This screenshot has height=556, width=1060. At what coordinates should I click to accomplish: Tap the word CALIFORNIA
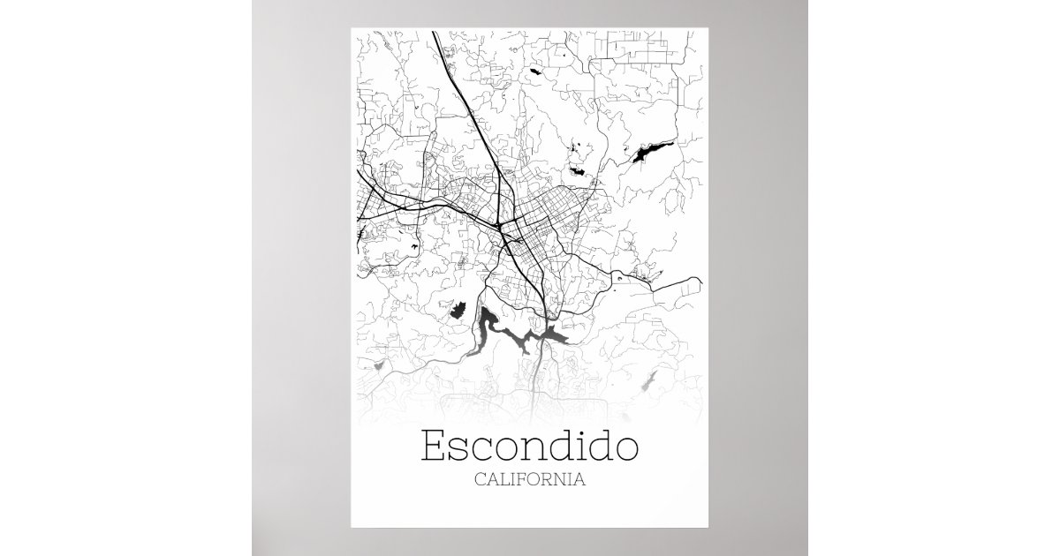point(529,481)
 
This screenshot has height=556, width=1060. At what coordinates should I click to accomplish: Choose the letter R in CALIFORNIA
point(549,481)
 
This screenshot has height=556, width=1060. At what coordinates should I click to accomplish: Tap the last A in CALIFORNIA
point(579,481)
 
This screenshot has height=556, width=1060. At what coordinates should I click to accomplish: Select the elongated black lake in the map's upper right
point(648,154)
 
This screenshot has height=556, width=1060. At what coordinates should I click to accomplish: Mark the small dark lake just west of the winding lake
point(458,310)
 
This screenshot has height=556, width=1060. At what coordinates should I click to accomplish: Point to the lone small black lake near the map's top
point(536,68)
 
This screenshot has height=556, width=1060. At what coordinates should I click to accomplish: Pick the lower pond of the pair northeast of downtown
point(579,169)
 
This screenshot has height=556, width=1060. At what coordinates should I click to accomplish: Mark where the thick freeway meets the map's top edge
point(435,33)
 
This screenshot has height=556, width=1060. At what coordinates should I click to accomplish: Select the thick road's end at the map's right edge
point(702,282)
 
